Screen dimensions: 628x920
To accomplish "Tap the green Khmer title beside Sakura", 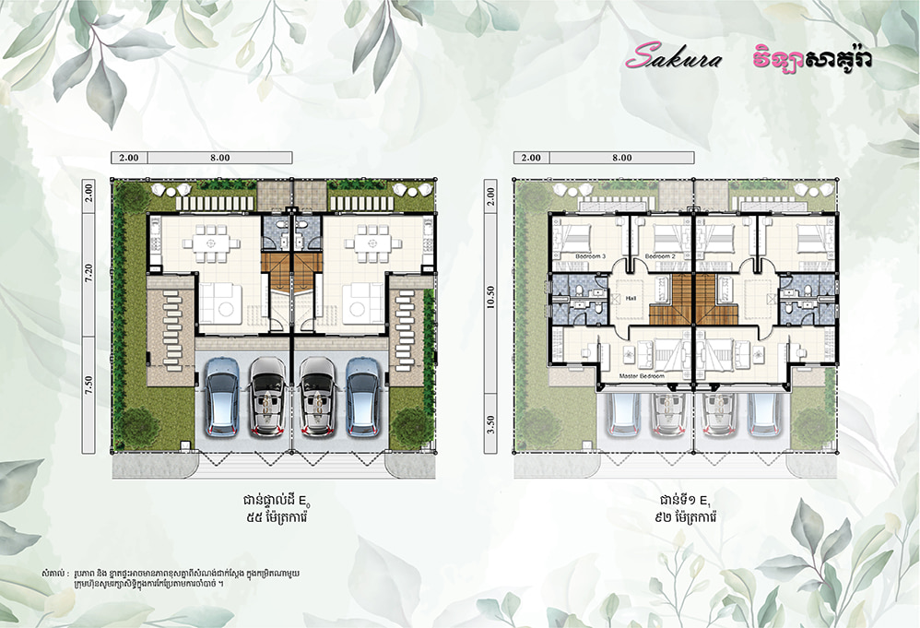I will pos(811,57).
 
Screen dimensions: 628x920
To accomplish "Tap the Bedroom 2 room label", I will pos(661,255).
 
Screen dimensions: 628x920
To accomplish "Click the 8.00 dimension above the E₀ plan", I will pos(219,158).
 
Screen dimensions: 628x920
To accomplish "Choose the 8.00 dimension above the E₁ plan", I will pos(621,158).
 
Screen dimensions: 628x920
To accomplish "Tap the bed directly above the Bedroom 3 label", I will pos(582,234).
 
